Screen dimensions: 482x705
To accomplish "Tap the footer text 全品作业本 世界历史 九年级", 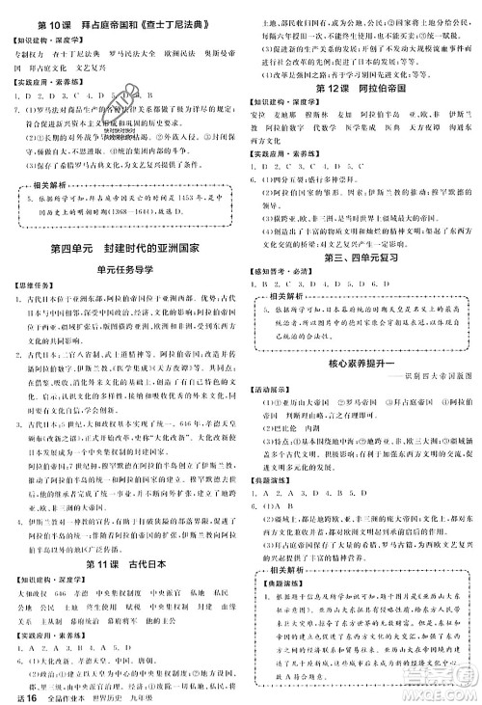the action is (105, 694).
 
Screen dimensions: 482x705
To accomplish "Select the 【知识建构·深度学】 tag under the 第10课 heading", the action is (49, 41).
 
